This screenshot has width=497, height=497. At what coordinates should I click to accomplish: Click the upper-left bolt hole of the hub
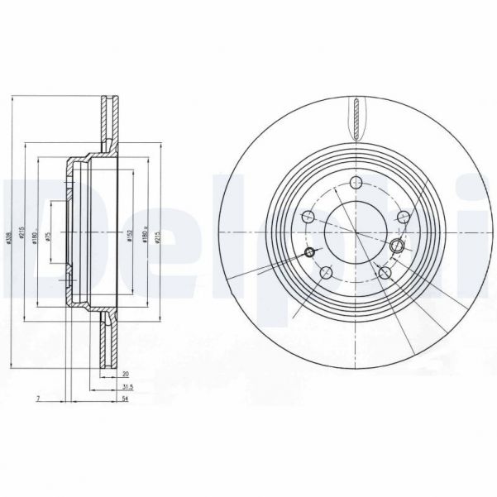click(308, 217)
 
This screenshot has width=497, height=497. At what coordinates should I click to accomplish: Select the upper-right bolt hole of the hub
click(403, 217)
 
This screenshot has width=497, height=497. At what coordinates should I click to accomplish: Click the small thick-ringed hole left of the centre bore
click(311, 251)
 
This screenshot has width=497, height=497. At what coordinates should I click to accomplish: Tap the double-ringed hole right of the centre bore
click(397, 246)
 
